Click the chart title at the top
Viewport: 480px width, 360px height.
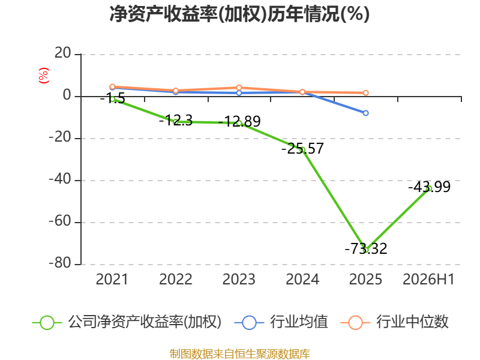239,14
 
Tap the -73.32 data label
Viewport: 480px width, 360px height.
366,248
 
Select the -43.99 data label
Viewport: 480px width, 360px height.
429,187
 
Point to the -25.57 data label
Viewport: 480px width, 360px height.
302,148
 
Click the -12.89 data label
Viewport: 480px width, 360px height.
239,121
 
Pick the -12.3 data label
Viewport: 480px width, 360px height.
176,121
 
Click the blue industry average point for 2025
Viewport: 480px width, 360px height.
365,113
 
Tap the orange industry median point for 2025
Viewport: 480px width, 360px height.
365,93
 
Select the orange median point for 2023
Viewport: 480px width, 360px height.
239,88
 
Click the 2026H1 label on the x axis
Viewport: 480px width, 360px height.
428,280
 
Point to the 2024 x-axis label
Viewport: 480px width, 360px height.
302,280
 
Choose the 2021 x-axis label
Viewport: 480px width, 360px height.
112,280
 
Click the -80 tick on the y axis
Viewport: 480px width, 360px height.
60,263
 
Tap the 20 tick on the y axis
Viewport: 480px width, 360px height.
63,53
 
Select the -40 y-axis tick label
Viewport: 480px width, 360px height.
60,179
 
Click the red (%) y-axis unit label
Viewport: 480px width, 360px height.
44,76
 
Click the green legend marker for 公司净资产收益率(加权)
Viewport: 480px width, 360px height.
47,323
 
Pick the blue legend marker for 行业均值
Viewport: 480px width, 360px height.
249,323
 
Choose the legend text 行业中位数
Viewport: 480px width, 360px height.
412,322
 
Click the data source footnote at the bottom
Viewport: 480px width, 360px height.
239,354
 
